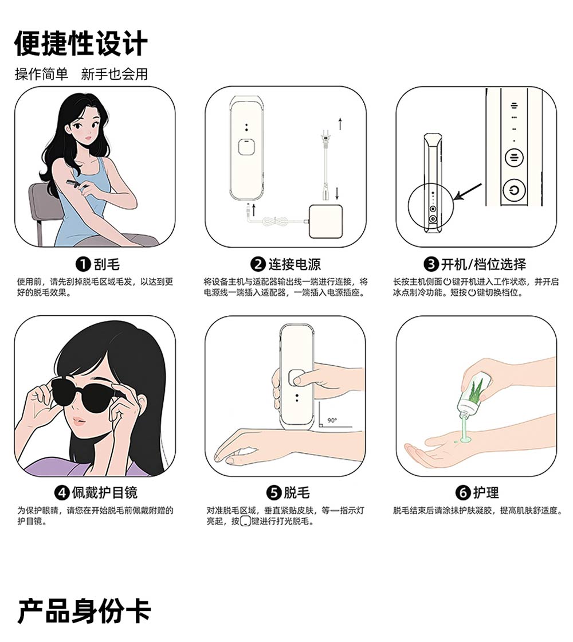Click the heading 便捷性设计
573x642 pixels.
click(x=81, y=44)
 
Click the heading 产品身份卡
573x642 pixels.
click(x=84, y=611)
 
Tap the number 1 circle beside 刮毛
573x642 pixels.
click(x=83, y=264)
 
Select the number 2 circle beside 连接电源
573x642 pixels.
click(x=258, y=264)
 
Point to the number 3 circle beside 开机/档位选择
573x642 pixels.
click(x=431, y=264)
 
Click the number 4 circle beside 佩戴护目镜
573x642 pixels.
click(x=62, y=492)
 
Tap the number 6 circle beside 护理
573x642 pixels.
click(x=463, y=492)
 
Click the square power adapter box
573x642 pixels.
click(x=326, y=221)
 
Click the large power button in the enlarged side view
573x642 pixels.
click(x=514, y=190)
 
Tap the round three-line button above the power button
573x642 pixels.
click(x=514, y=157)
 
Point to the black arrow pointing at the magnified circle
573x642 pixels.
click(x=468, y=191)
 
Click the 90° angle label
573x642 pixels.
click(x=332, y=420)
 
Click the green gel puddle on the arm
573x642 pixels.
click(x=465, y=440)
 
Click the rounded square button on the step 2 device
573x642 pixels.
click(x=246, y=147)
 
